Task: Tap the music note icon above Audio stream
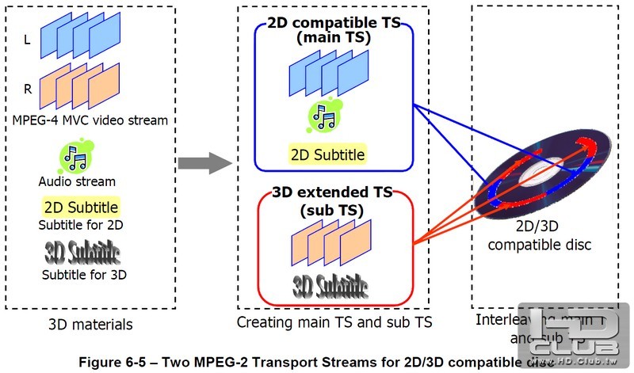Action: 76,157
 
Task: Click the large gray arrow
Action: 203,163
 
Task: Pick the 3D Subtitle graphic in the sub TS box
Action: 331,284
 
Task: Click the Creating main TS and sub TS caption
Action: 334,322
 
